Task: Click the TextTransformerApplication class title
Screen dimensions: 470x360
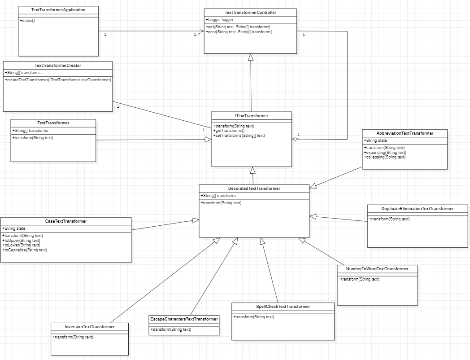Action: [x=58, y=9]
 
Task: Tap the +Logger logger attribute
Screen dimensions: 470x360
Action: [x=220, y=20]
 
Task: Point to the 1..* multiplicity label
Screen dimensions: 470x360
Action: [x=197, y=35]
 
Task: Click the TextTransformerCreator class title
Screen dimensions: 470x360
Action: [x=57, y=66]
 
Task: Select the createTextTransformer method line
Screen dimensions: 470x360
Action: [x=58, y=80]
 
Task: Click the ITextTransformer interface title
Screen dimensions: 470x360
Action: [x=251, y=116]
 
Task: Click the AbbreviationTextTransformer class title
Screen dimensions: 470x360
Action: [x=405, y=133]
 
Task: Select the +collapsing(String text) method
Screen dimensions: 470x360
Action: [x=385, y=157]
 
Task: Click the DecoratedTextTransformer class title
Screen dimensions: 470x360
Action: [x=254, y=189]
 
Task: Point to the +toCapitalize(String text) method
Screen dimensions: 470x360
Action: [x=25, y=250]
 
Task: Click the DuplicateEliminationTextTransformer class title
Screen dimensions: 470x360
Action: [x=418, y=209]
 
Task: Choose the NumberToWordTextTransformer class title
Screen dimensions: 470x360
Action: [x=377, y=269]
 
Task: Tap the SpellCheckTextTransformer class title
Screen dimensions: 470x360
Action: [x=283, y=307]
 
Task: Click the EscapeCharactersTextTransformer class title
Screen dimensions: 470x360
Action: [x=184, y=319]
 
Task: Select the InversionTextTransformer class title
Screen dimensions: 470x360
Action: [x=89, y=327]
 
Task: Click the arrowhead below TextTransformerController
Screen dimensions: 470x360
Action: [x=251, y=57]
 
